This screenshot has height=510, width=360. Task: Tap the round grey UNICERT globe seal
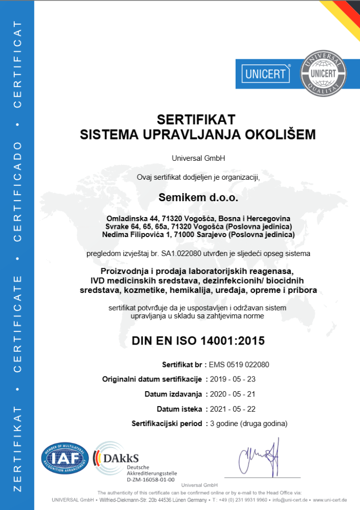coord(323,73)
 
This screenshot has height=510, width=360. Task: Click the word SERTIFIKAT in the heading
coord(196,119)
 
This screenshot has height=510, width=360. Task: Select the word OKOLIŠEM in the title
coord(272,135)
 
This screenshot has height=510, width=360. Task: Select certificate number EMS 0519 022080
coord(239,365)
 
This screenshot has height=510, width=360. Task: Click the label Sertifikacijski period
coord(167,424)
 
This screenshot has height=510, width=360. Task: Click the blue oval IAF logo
coord(65,458)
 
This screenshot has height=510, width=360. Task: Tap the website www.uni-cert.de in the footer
coord(330,500)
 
